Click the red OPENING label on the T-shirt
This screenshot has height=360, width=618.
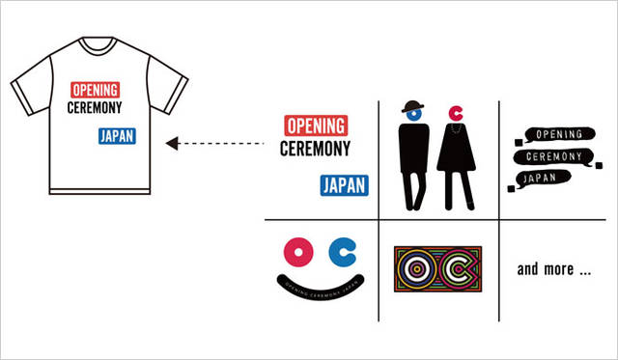click(95, 90)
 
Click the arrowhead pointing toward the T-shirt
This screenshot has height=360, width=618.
click(172, 144)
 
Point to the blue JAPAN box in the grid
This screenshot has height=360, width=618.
click(343, 184)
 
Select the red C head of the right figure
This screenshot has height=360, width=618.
click(455, 116)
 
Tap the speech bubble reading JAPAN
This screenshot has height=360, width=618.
click(546, 177)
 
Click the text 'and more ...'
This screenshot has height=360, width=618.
click(553, 269)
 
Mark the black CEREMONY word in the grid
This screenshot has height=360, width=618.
click(314, 150)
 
